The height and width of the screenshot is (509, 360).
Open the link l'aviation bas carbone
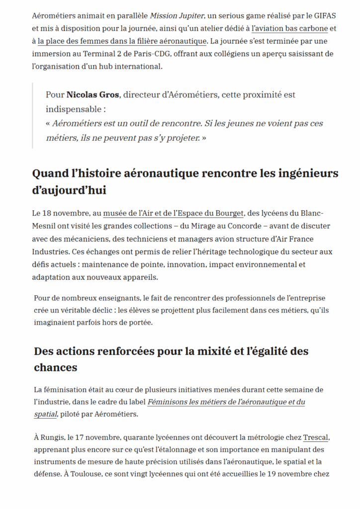(290, 28)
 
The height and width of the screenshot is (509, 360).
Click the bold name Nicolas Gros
(92, 94)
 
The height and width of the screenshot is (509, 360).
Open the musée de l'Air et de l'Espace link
(174, 214)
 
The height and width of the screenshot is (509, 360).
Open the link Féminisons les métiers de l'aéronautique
(226, 402)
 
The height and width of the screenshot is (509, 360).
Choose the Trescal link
(316, 438)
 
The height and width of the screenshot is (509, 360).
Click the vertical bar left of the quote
(33, 115)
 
